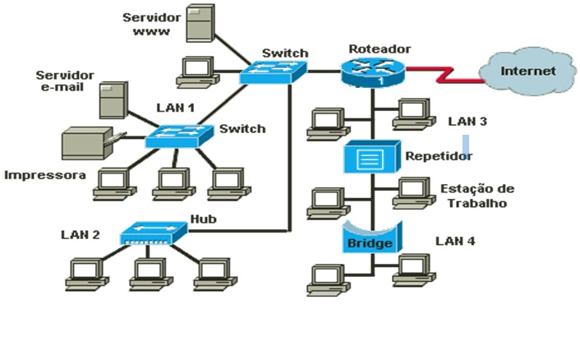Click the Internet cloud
[528, 72]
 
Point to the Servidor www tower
[199, 25]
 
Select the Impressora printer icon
[87, 144]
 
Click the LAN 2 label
[81, 235]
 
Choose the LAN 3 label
[467, 122]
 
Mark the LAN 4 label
[455, 242]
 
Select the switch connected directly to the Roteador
[274, 73]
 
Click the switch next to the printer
[179, 136]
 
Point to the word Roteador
[380, 49]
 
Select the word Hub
[202, 219]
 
